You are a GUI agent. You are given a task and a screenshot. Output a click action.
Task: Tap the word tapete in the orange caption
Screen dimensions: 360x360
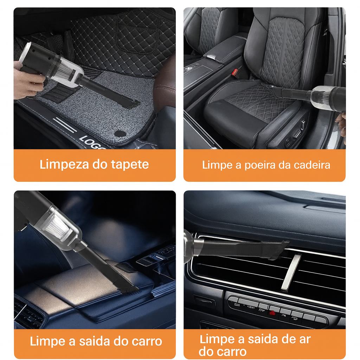(x=130, y=165)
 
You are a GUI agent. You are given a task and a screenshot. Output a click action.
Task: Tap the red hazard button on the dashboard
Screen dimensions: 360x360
(x=272, y=313)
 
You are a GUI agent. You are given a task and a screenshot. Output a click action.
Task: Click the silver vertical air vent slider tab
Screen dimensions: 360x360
(x=291, y=272)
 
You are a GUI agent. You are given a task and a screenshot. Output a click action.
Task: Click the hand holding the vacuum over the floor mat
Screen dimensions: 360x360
(x=27, y=81)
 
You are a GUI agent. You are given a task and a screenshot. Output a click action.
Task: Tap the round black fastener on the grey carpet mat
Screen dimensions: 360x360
(x=120, y=134)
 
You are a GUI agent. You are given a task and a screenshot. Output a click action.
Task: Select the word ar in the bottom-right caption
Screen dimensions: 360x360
(x=305, y=340)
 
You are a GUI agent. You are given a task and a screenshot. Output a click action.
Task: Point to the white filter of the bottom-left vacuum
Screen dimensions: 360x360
(x=56, y=226)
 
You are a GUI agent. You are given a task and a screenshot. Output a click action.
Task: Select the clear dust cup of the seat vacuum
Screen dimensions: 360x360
(x=320, y=96)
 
